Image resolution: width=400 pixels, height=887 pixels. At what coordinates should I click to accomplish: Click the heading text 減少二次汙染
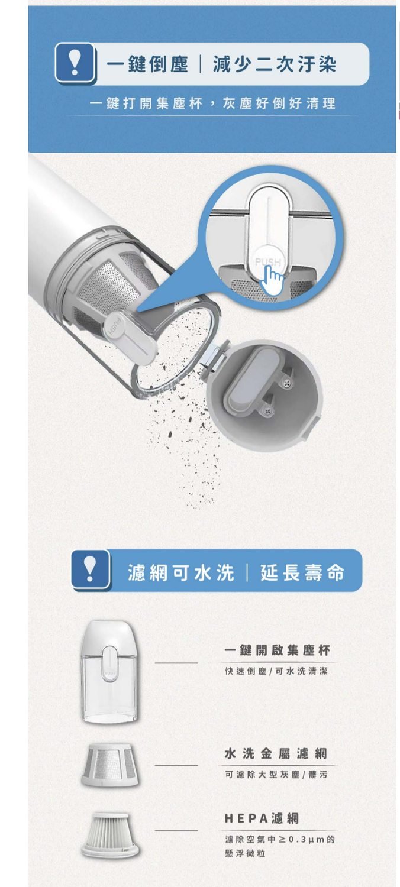click(275, 64)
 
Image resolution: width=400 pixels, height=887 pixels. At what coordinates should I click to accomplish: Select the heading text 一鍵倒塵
click(147, 64)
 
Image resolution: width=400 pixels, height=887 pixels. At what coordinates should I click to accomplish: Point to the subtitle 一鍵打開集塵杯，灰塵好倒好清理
click(212, 103)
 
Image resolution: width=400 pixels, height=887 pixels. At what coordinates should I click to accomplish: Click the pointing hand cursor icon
click(272, 280)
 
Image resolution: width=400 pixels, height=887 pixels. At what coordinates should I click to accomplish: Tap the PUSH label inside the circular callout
click(268, 262)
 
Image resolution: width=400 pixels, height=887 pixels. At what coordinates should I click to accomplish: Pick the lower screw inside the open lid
click(269, 412)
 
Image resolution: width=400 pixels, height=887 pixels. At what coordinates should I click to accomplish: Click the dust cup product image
click(110, 672)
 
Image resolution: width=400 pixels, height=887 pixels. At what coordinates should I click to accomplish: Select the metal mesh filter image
click(110, 765)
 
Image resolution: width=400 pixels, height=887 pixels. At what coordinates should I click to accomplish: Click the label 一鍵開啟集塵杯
click(277, 650)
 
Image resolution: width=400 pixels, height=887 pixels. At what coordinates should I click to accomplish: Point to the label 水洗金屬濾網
click(276, 753)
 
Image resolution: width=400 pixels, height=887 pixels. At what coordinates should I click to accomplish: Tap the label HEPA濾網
click(262, 818)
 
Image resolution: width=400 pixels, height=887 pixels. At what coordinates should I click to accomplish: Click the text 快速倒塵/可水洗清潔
click(276, 671)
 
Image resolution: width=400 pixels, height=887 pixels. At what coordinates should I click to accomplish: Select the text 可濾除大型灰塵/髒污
click(276, 775)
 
